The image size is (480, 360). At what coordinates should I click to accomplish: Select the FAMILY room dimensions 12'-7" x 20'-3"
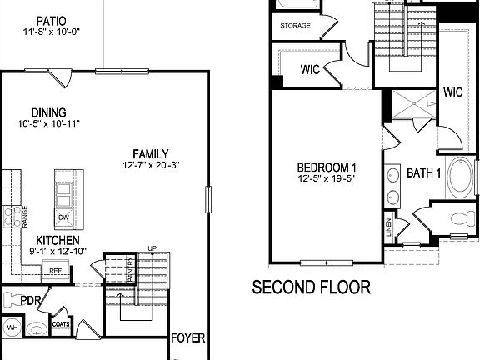click(150, 166)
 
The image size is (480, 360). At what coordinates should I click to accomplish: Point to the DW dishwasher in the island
click(64, 218)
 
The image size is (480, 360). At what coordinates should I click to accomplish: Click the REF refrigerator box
click(55, 271)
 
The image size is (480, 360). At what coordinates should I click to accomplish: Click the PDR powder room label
click(31, 300)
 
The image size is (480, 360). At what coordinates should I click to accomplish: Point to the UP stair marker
click(151, 248)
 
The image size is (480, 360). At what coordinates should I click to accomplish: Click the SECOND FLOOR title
click(312, 287)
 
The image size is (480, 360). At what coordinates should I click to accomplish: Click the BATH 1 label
click(423, 173)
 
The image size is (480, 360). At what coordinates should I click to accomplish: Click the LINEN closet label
click(388, 225)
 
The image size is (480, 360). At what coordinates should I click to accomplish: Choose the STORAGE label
click(296, 26)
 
